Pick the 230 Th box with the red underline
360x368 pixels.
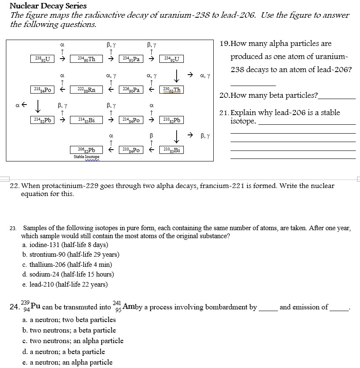[x=172, y=89]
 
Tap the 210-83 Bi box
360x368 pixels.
[x=172, y=150]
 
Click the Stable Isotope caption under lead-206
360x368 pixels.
[x=86, y=157]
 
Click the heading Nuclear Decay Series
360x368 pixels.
[x=48, y=6]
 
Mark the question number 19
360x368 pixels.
[x=226, y=43]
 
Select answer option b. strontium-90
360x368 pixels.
[x=71, y=255]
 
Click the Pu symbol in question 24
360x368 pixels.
[x=35, y=306]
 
